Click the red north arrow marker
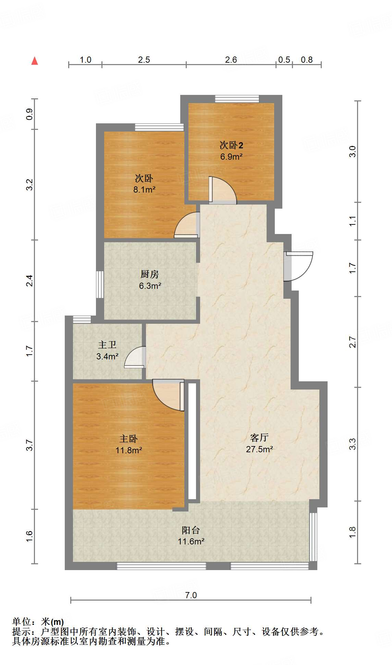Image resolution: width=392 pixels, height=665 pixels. (x=35, y=61)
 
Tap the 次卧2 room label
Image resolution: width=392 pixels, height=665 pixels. (x=231, y=145)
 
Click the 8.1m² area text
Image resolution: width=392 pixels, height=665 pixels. (x=144, y=189)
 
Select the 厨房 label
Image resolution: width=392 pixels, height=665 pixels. (x=150, y=274)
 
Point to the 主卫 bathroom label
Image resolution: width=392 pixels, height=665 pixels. (x=107, y=345)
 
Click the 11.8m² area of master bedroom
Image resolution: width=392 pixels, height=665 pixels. (x=128, y=450)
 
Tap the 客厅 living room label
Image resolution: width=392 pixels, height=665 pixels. (x=259, y=438)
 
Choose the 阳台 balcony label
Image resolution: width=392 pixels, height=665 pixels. (x=191, y=530)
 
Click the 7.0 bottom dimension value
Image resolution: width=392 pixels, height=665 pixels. (x=191, y=595)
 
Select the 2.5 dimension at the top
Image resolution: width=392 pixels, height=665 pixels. (x=144, y=60)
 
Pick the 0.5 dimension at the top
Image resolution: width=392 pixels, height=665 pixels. (x=284, y=60)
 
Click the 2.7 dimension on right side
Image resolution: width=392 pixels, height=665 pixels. (x=353, y=342)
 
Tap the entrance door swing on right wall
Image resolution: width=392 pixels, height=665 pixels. (x=299, y=266)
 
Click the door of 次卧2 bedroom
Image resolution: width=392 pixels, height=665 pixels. (x=222, y=190)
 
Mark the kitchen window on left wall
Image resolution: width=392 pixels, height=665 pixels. (x=100, y=284)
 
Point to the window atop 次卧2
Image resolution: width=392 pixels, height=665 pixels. (x=237, y=99)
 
